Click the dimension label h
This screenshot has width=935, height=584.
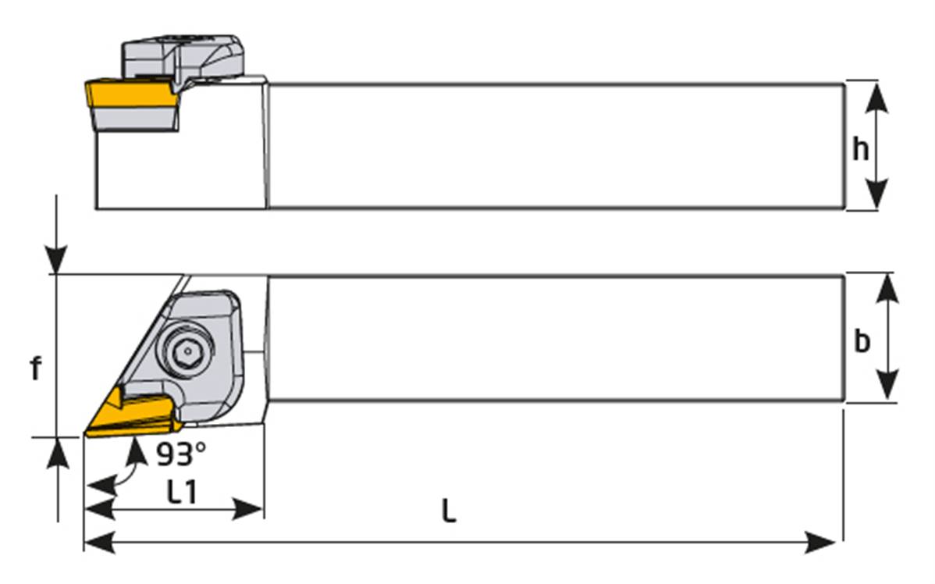click(861, 148)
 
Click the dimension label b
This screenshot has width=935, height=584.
click(862, 341)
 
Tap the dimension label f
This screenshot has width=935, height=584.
click(35, 369)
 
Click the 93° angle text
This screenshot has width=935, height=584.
click(181, 453)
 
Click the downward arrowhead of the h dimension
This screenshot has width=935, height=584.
click(878, 194)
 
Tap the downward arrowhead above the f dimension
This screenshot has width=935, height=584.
click(56, 258)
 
